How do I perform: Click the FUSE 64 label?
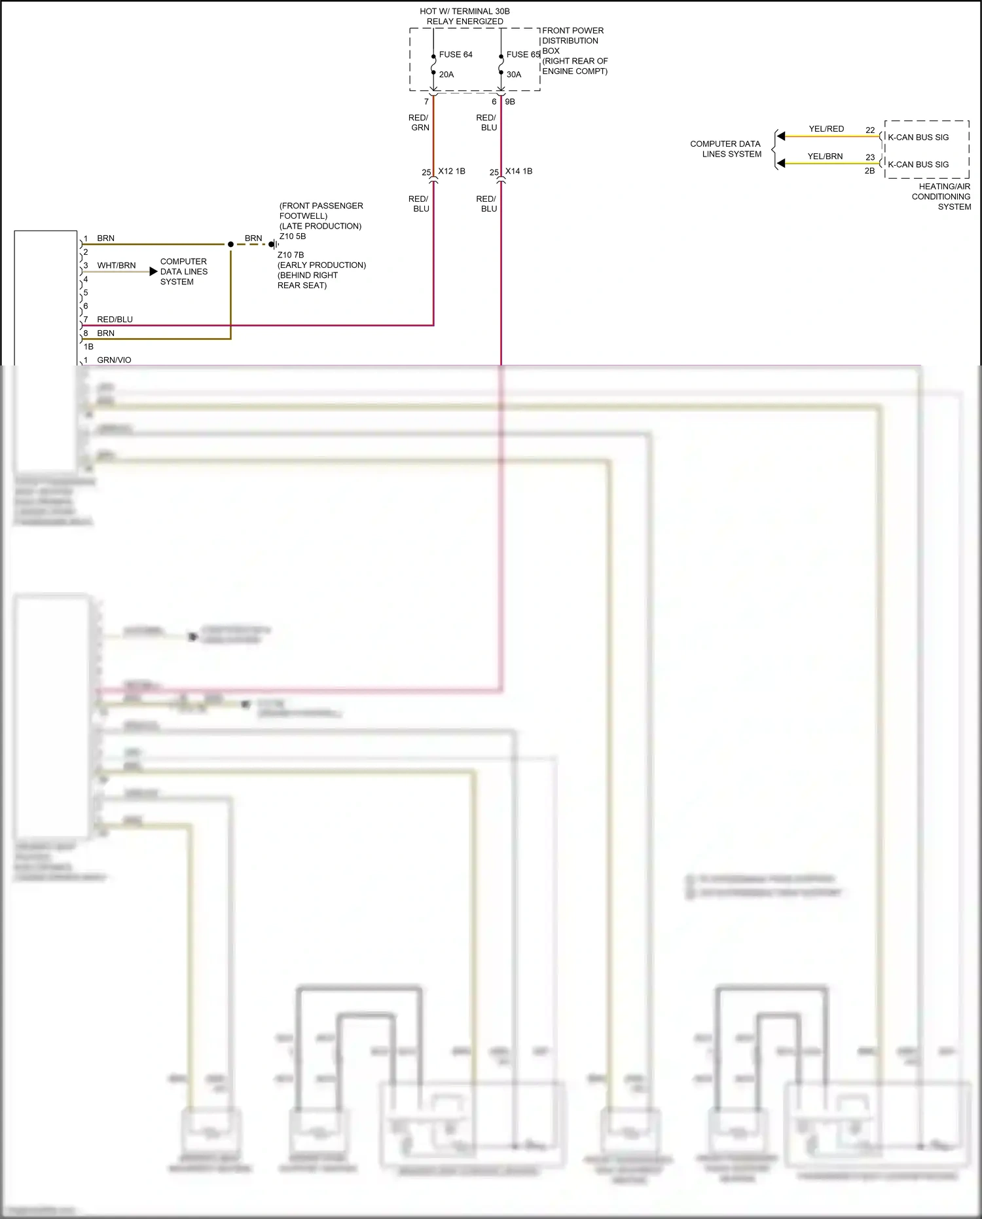456,54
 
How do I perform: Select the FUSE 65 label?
522,54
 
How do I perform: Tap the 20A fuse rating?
446,75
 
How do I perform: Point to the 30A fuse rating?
514,75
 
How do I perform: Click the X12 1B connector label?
452,171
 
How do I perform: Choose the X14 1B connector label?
518,171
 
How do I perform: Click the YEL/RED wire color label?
826,129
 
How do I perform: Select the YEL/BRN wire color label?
825,157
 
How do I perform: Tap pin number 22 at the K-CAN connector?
870,130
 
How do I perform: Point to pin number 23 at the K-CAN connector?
870,157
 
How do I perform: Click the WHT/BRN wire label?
117,265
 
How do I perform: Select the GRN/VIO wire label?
114,360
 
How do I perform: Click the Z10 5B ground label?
293,236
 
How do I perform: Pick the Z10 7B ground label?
291,255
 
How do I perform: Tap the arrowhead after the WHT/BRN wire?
154,271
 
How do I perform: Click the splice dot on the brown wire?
230,244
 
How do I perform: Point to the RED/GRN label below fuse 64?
419,122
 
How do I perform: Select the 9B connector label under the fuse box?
510,102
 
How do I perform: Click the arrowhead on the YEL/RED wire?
780,136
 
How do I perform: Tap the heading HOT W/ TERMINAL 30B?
465,11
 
